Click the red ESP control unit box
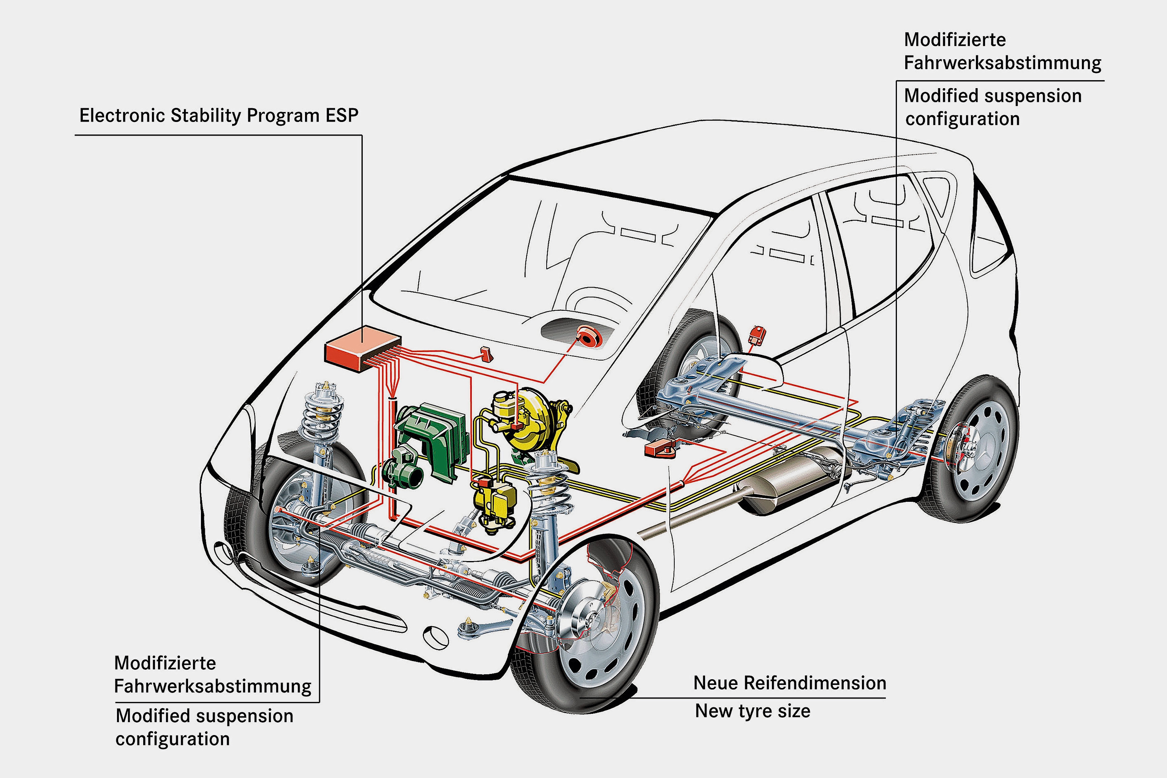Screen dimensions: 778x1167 click(x=362, y=347)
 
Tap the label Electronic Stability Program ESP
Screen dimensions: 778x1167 click(x=219, y=115)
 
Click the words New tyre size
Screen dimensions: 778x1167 click(x=752, y=711)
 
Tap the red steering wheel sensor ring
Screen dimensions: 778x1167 click(x=588, y=337)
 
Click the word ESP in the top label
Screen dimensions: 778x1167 click(x=342, y=115)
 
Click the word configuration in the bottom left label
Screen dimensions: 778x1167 click(x=173, y=739)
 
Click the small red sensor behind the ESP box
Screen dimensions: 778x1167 click(x=486, y=354)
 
